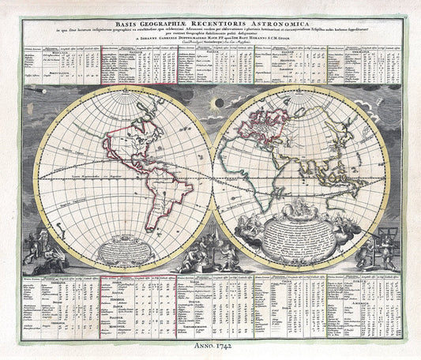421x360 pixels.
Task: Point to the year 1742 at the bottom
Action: coord(224,347)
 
